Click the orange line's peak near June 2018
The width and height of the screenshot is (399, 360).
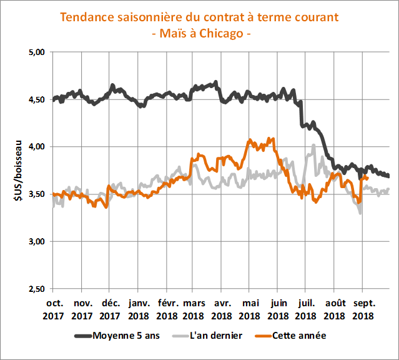coord(270,138)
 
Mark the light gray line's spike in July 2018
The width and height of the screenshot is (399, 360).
coord(313,146)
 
